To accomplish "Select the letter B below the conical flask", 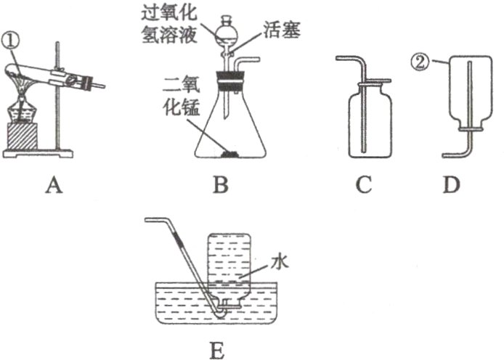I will [x=221, y=187].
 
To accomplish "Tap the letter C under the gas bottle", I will [x=364, y=187].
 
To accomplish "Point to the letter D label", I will [x=452, y=187].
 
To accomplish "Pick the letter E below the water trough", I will [x=216, y=348].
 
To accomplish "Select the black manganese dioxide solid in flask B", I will [x=231, y=154].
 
